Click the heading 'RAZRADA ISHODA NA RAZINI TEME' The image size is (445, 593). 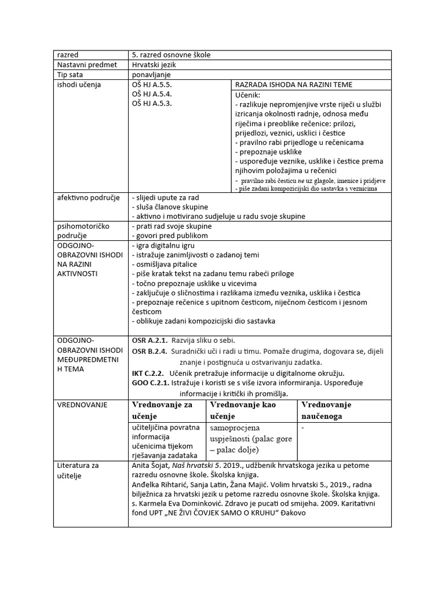pos(294,85)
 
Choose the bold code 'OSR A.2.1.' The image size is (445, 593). pos(150,340)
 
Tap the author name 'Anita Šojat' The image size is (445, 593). pos(154,466)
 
